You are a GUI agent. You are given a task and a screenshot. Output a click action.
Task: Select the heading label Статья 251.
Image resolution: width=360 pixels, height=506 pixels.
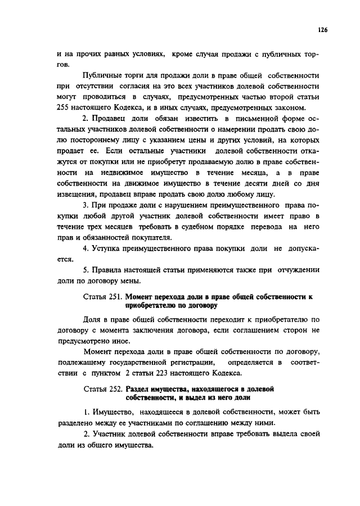[102, 295]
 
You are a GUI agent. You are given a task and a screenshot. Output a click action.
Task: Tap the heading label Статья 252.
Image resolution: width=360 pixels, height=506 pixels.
[102, 388]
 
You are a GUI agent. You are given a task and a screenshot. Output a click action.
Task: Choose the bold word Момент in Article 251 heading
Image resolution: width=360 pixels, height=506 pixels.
[142, 295]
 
